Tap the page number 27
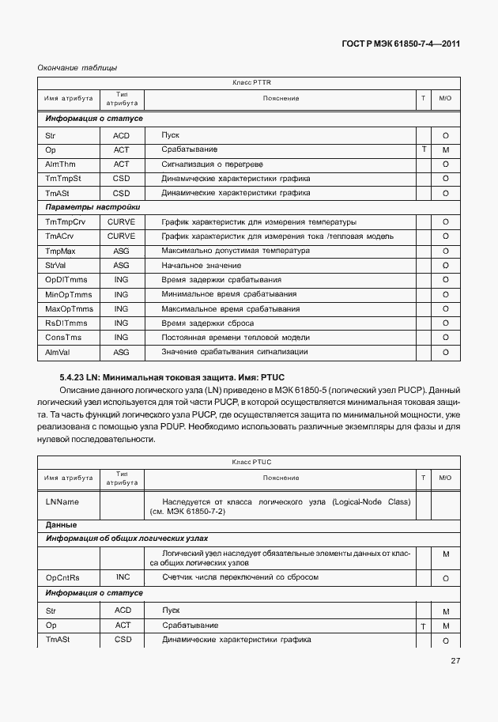(455, 661)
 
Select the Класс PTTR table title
(252, 82)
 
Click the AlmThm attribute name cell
(60, 164)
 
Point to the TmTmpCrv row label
(66, 221)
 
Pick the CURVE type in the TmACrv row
(121, 236)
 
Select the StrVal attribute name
(55, 265)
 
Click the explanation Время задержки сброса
(207, 323)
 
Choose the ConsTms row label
(63, 337)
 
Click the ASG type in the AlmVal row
(121, 352)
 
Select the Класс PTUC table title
(252, 461)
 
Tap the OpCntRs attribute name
(65, 578)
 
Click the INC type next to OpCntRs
(123, 578)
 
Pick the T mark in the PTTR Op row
(424, 149)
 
